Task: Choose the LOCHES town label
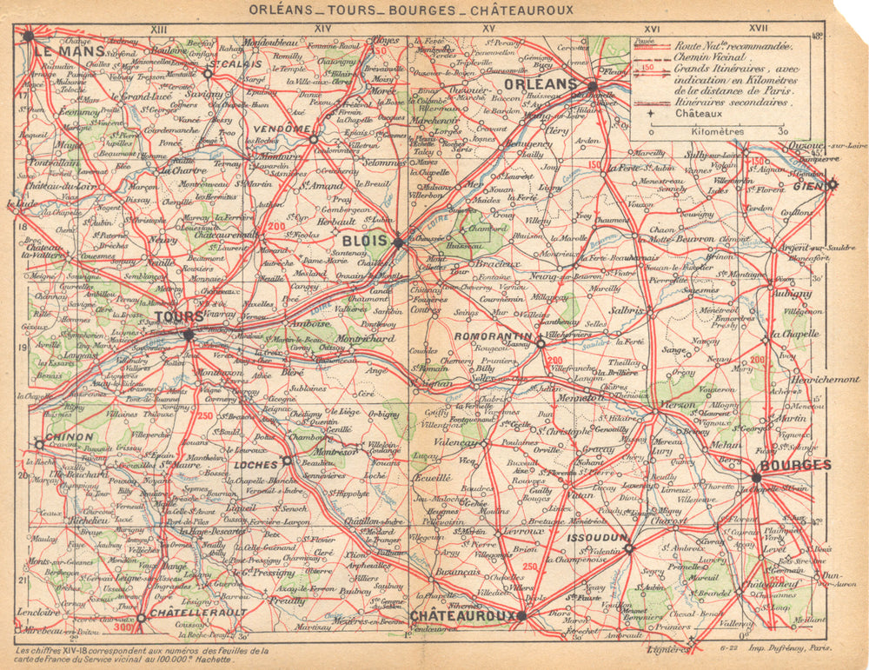(256, 465)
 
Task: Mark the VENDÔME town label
(282, 129)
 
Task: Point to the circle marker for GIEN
(832, 183)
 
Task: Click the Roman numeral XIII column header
(158, 29)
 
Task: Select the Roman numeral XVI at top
(653, 29)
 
